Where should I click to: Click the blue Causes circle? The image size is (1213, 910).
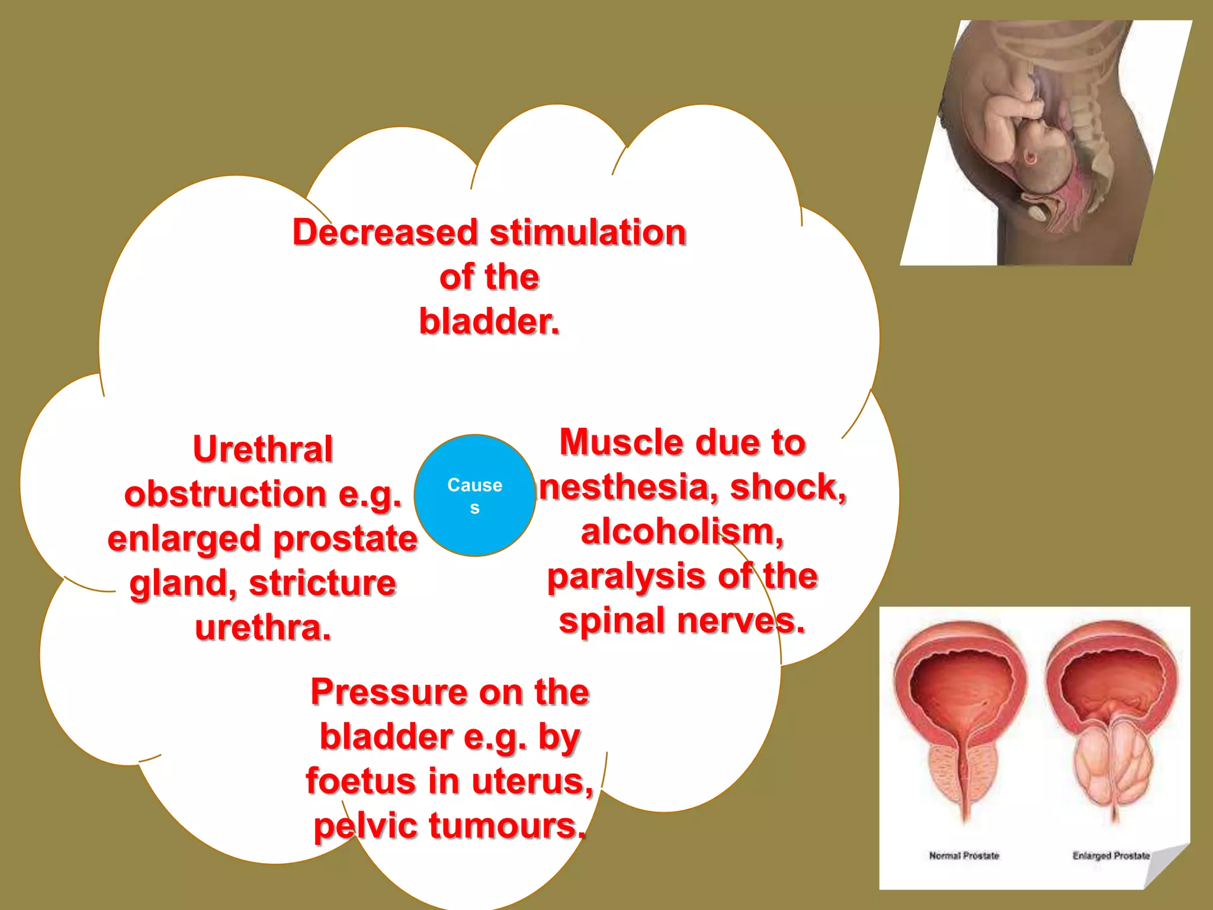(474, 495)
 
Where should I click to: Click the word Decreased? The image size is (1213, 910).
(385, 232)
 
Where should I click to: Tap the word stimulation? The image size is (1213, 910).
(588, 232)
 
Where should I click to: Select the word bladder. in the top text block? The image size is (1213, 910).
(489, 322)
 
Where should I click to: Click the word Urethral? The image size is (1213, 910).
(263, 449)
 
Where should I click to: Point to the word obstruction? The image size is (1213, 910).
(226, 494)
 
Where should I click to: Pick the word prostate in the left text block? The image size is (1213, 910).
(345, 539)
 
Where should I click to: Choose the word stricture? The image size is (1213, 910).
(322, 583)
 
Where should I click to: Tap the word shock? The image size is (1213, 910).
(788, 487)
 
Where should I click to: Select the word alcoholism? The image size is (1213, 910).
(682, 531)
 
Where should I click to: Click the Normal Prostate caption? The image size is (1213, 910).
(964, 855)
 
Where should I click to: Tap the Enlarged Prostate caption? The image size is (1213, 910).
(1111, 855)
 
